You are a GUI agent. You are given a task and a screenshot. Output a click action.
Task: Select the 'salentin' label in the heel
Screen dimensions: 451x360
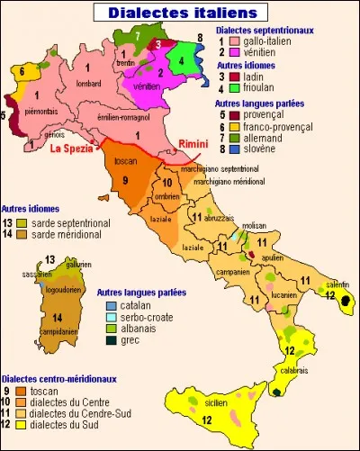point(338,284)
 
